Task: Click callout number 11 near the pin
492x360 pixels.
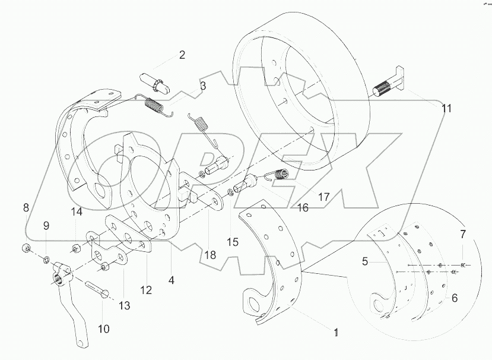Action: pos(446,109)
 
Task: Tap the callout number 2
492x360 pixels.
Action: pos(182,55)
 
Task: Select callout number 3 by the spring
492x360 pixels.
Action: pos(203,86)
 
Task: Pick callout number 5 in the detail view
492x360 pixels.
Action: pos(454,298)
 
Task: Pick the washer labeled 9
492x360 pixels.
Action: pos(47,258)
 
